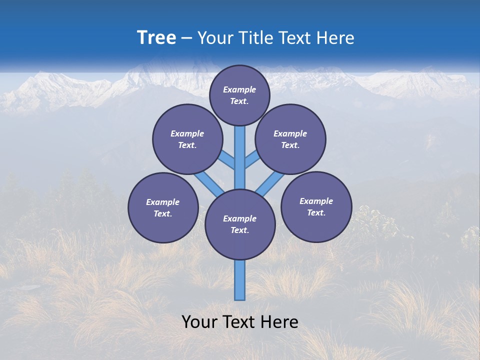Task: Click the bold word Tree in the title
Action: coord(156,38)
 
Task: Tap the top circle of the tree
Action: coord(239,95)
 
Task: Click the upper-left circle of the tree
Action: coord(187,139)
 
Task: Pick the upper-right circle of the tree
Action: coord(290,139)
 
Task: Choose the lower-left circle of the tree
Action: coord(163,208)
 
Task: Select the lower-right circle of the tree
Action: coord(316,206)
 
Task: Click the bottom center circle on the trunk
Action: coord(240,224)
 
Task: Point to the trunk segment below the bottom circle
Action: coord(240,280)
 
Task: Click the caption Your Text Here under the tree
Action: coord(240,322)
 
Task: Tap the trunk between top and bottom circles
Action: coord(240,160)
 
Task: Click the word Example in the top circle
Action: coord(239,89)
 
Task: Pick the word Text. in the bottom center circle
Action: coord(240,230)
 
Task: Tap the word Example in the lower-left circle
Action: coord(162,202)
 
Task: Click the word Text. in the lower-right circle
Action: coord(316,212)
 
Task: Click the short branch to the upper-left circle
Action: coord(227,160)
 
